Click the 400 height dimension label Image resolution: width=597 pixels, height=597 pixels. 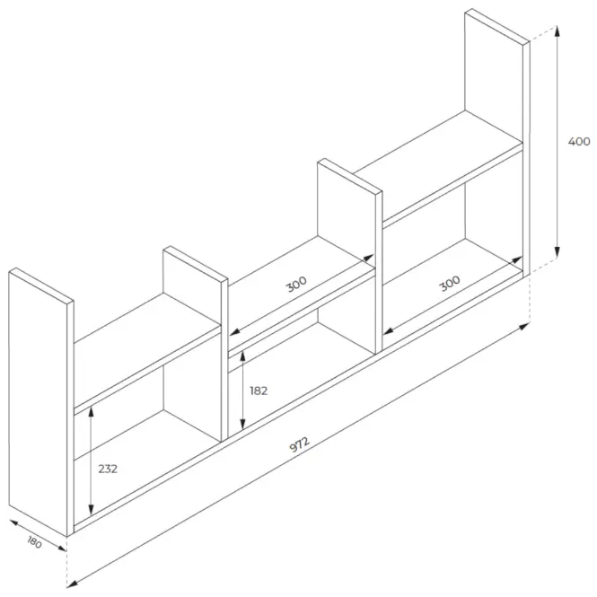click(579, 141)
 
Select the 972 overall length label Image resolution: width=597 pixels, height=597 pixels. click(300, 444)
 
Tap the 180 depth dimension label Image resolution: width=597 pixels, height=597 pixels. click(35, 542)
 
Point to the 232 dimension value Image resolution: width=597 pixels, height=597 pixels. click(108, 469)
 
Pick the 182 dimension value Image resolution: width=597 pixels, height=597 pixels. click(259, 391)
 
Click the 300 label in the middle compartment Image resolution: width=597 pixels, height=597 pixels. click(296, 284)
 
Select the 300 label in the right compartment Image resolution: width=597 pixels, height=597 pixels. click(450, 284)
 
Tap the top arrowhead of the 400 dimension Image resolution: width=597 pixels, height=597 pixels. click(557, 31)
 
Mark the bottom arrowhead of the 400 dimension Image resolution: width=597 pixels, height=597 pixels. click(557, 252)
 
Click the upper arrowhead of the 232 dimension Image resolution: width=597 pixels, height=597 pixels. click(91, 411)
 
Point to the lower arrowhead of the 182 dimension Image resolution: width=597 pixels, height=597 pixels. click(242, 424)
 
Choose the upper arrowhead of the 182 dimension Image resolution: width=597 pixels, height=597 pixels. click(242, 357)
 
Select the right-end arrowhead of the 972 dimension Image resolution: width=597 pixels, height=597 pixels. click(524, 326)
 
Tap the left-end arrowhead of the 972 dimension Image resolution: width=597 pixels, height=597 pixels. click(73, 584)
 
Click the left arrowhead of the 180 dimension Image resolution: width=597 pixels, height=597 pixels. click(14, 523)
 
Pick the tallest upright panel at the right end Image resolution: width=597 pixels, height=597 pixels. click(496, 142)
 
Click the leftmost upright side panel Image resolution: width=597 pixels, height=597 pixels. click(41, 402)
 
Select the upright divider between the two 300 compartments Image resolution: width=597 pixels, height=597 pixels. click(349, 256)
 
